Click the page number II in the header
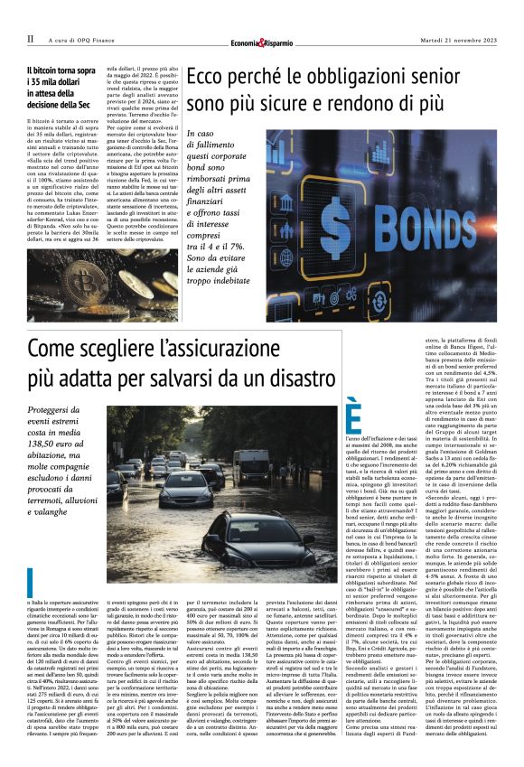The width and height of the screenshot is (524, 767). click(x=30, y=39)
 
